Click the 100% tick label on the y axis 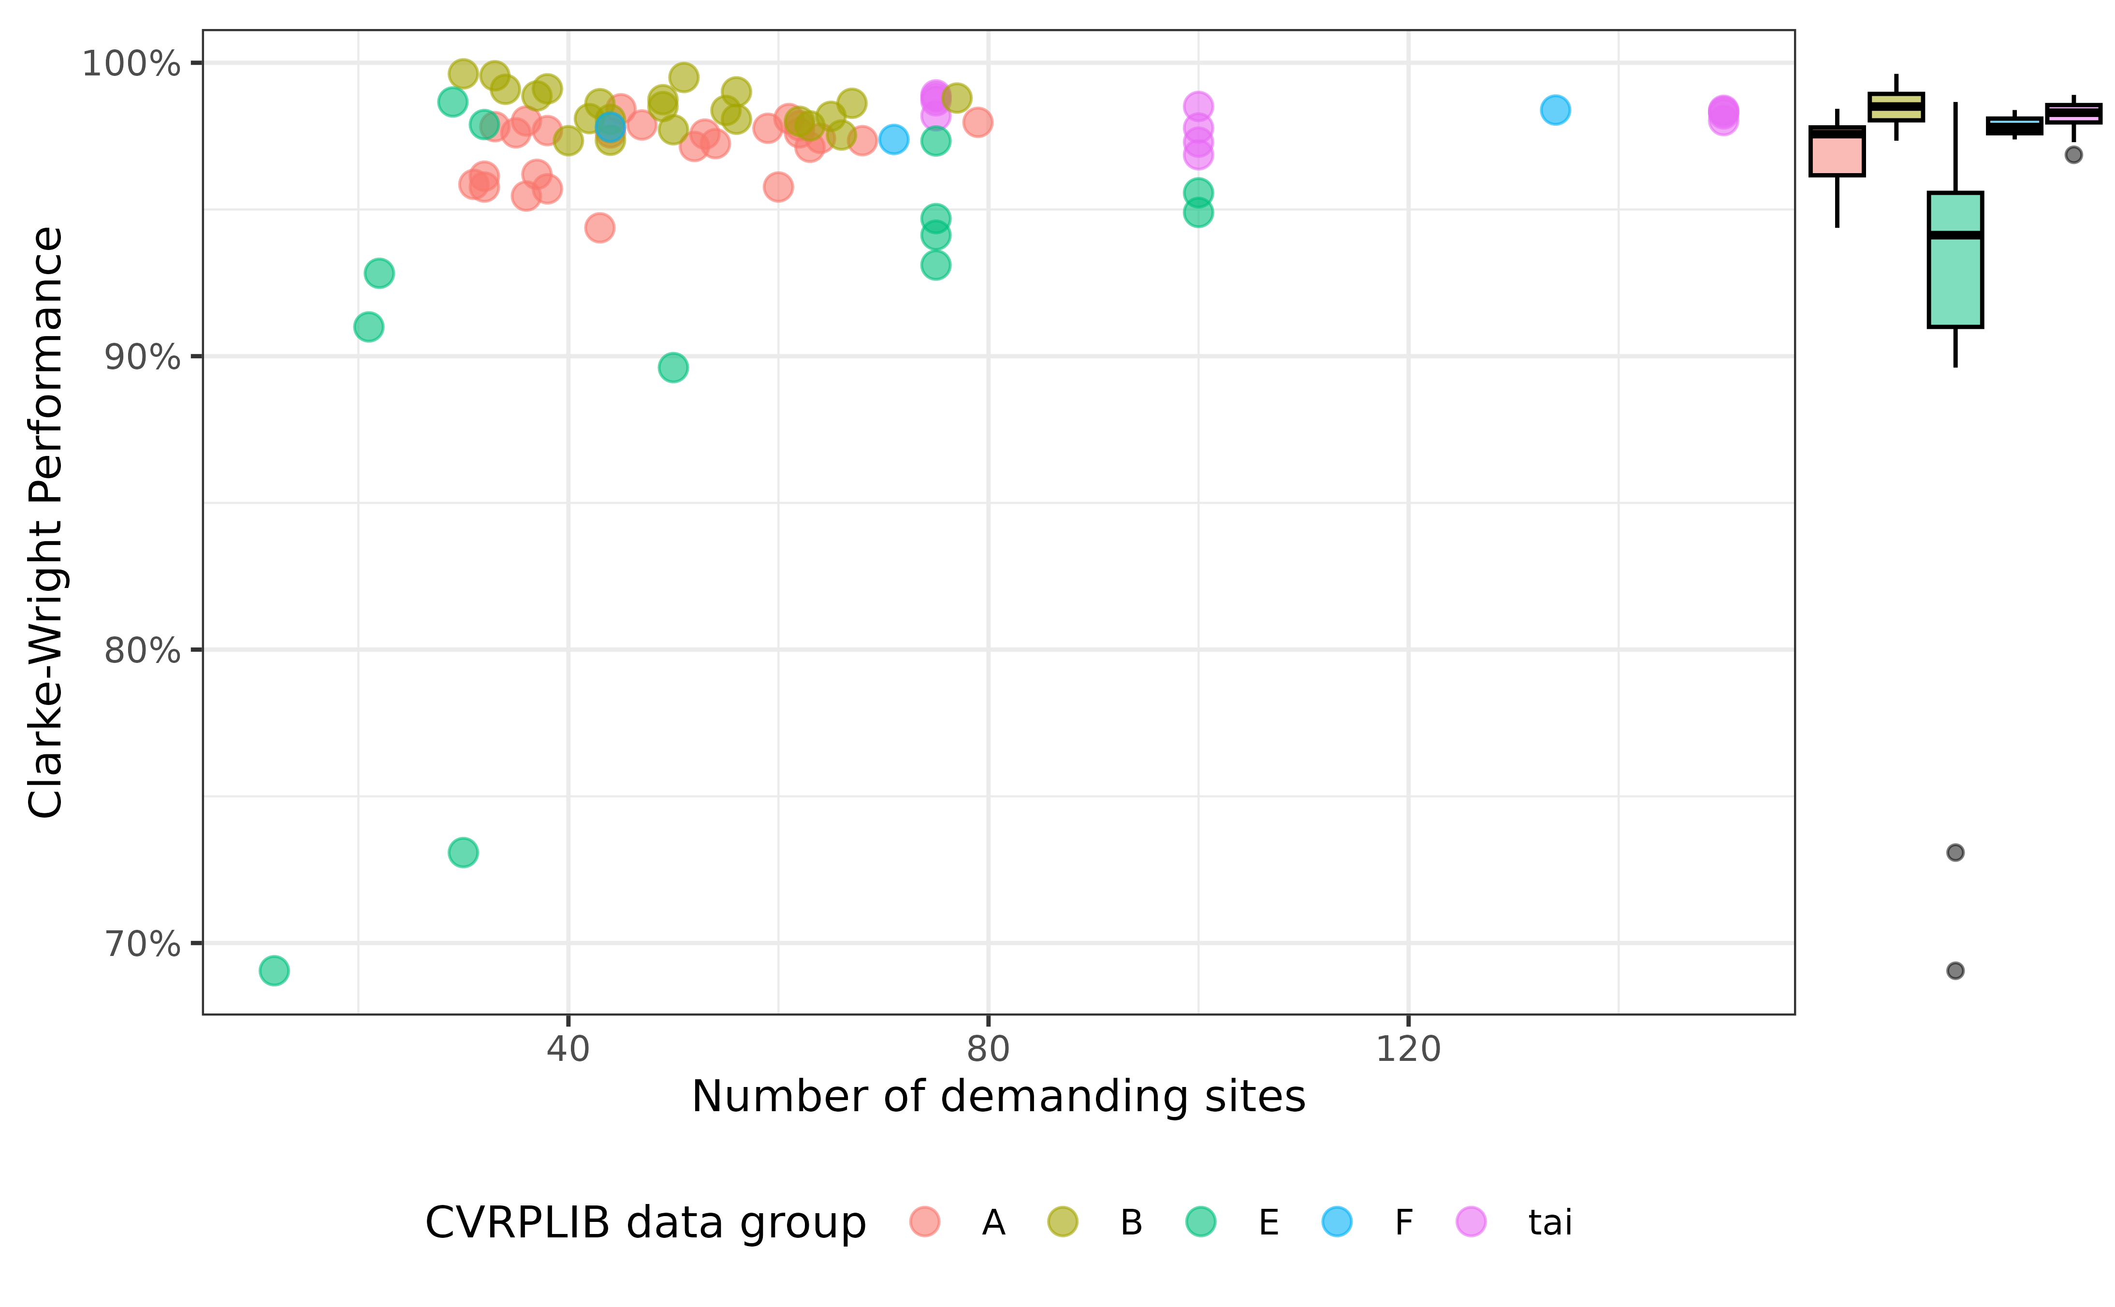click(131, 63)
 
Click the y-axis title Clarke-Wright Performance click(45, 522)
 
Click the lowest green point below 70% click(274, 971)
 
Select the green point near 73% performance click(463, 853)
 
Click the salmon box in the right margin click(1837, 156)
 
